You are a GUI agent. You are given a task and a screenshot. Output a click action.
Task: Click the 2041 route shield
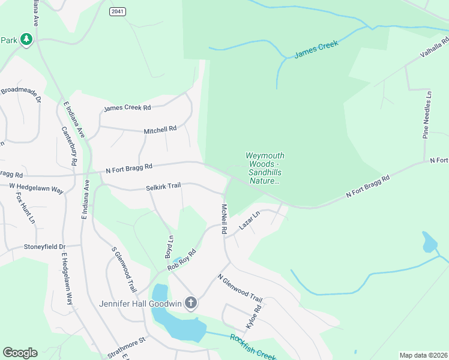coord(118,11)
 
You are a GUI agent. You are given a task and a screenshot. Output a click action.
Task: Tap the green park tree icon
coord(26,40)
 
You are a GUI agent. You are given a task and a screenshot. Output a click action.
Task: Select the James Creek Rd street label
coord(127,109)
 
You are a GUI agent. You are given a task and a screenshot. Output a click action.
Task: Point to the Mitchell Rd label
coord(160,130)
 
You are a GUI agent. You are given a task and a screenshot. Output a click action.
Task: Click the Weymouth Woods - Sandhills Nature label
coord(264,168)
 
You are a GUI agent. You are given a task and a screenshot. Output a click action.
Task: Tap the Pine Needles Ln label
coord(427,115)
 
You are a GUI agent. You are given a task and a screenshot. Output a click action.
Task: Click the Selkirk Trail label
coord(163,187)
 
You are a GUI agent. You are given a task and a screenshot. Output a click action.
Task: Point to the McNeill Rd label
coord(223,219)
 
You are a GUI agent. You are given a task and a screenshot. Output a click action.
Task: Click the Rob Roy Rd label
coord(182,259)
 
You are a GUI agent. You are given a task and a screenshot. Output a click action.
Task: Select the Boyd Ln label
coord(169,246)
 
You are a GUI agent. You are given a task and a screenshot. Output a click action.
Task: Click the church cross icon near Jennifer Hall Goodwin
coord(191,303)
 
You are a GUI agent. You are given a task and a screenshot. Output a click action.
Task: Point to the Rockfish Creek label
coord(252,346)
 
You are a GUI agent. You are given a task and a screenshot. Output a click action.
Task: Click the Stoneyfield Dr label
coord(44,247)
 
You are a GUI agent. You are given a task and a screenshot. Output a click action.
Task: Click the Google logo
coord(20,353)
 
